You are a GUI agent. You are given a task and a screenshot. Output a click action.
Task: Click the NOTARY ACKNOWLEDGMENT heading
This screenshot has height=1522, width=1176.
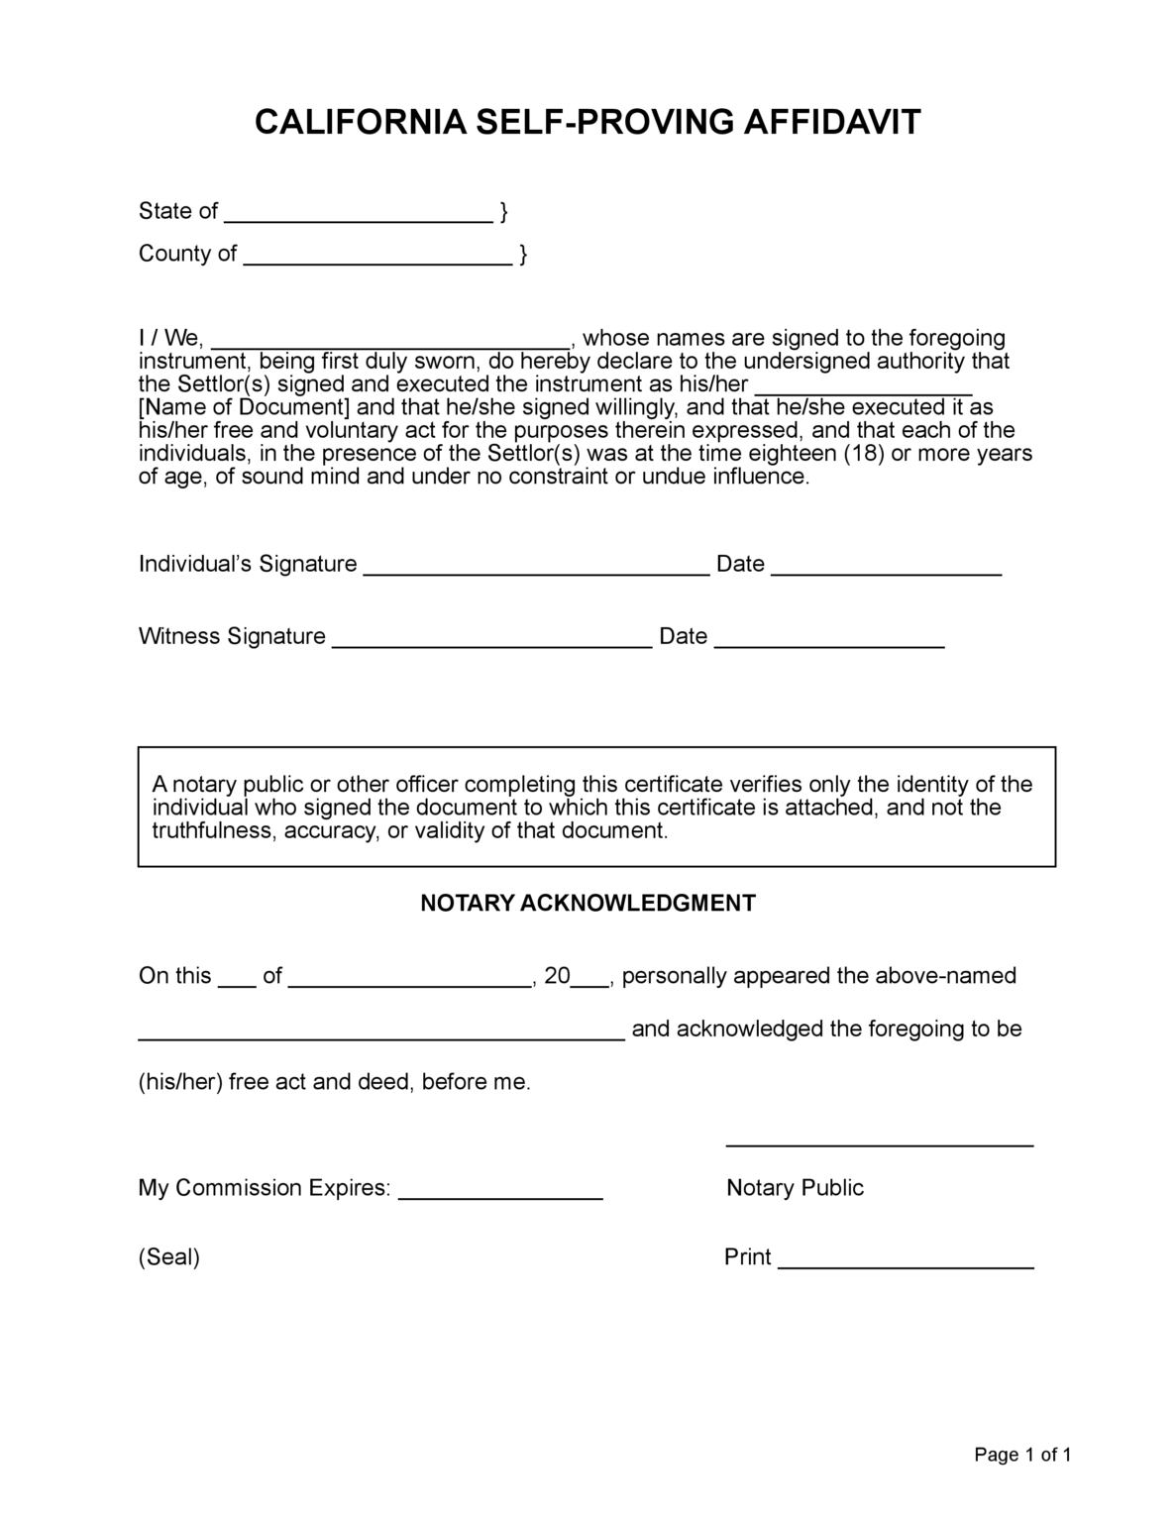[588, 903]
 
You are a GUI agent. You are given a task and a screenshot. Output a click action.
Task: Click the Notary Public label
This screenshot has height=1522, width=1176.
[795, 1188]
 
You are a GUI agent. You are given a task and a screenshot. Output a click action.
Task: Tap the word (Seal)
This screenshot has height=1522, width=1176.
[169, 1257]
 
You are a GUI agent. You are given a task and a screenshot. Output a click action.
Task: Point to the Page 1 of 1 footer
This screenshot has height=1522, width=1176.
[1022, 1455]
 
